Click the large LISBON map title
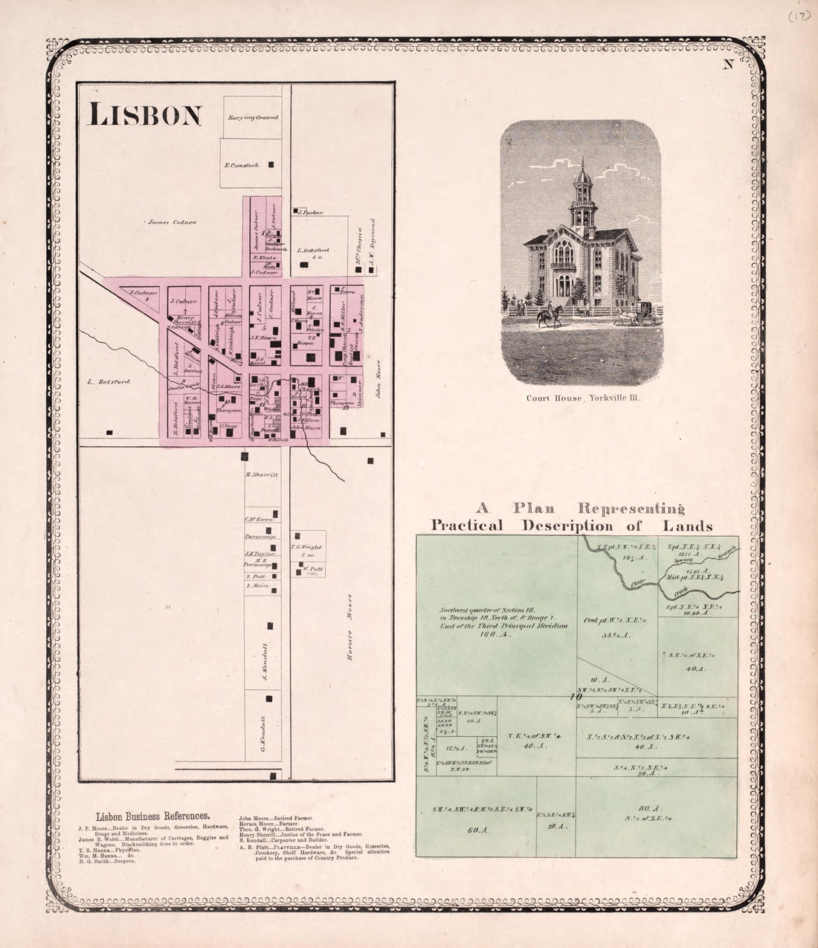tap(146, 115)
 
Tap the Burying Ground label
tap(253, 117)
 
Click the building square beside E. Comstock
tap(271, 164)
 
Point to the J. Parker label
tap(310, 213)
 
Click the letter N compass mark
tap(728, 64)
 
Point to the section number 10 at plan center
tap(575, 697)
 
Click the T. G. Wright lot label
tap(306, 547)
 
